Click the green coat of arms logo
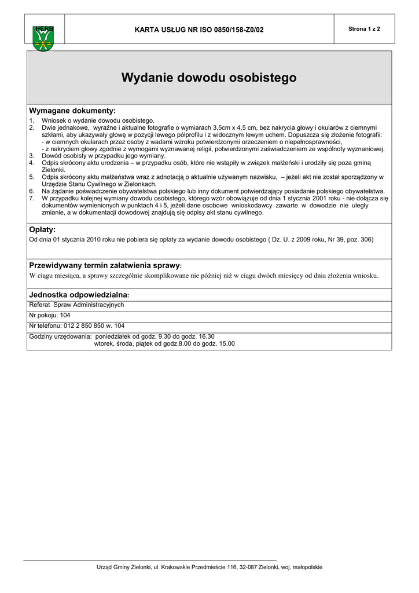[x=43, y=39]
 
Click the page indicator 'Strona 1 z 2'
[x=364, y=29]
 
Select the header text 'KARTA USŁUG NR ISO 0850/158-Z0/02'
[x=199, y=30]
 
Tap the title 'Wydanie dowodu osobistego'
[x=209, y=78]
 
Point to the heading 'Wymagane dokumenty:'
[x=72, y=111]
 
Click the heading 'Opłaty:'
[x=42, y=230]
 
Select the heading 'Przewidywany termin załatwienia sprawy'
[x=104, y=265]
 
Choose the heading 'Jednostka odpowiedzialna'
[x=82, y=295]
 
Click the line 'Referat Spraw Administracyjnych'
[x=76, y=305]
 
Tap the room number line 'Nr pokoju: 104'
[x=50, y=316]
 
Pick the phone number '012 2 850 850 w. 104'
[x=93, y=326]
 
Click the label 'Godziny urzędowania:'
[x=60, y=336]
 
